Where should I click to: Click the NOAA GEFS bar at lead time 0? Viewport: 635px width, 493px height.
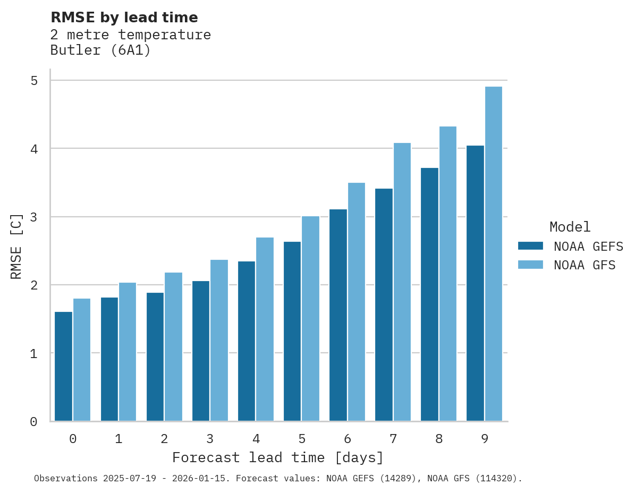[x=63, y=367]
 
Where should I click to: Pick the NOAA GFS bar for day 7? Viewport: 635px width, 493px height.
[x=402, y=282]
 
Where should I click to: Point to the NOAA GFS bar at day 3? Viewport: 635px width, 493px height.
[x=219, y=341]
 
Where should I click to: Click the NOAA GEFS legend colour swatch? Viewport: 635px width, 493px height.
[x=530, y=246]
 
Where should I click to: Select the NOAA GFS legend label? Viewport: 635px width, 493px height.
[x=585, y=265]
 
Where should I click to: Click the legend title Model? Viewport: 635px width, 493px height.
[x=570, y=227]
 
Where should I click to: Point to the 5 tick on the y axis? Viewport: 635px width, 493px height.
[x=34, y=81]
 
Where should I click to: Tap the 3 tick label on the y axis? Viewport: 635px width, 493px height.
[x=34, y=217]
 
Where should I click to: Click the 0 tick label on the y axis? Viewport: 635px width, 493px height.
[x=34, y=422]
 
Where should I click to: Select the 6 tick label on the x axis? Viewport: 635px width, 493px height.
[x=348, y=439]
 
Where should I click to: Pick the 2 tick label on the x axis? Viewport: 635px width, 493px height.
[x=164, y=439]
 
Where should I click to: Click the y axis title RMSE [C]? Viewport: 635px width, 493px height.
[x=16, y=246]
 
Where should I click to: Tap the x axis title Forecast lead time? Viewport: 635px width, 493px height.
[x=277, y=457]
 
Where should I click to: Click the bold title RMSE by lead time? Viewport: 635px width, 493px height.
[x=124, y=18]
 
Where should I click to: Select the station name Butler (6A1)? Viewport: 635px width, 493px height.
[x=100, y=50]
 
